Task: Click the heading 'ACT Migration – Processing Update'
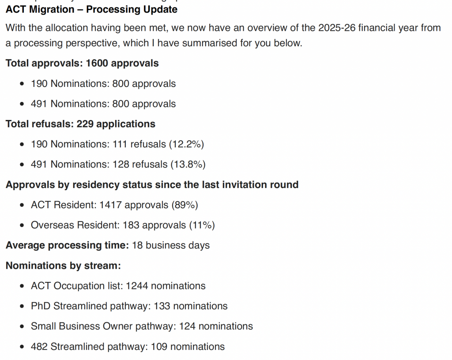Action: click(x=91, y=10)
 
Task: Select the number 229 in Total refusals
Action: click(x=85, y=124)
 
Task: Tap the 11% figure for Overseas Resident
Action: click(x=202, y=225)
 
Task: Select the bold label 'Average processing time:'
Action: click(x=67, y=245)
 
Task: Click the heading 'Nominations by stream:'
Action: click(x=63, y=266)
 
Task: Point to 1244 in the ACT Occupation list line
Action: click(x=137, y=286)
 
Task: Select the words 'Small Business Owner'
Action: click(x=82, y=326)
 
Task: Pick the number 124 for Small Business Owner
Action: click(x=187, y=326)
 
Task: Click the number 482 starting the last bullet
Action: click(x=39, y=346)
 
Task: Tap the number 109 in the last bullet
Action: click(x=159, y=346)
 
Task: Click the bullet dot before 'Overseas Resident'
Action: click(x=22, y=225)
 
